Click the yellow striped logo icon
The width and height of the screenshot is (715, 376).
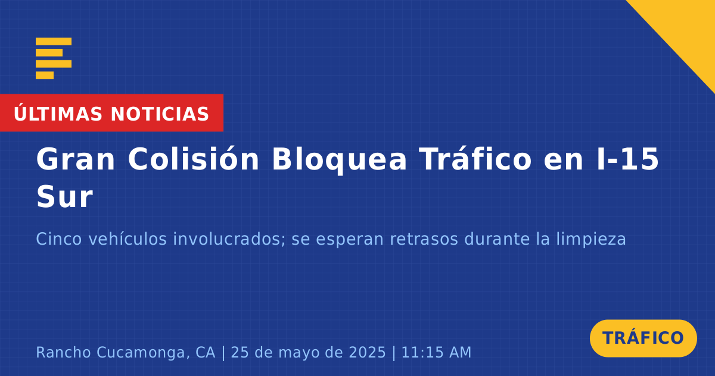pos(53,58)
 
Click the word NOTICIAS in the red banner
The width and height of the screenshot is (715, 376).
pos(160,114)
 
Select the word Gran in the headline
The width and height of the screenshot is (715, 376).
pos(75,159)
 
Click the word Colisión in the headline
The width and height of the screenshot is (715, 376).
pos(194,159)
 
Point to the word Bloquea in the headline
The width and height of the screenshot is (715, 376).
pos(339,160)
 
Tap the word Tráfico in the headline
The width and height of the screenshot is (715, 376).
pos(475,159)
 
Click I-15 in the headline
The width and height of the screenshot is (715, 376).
pos(627,159)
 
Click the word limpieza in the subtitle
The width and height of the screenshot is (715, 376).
pos(591,239)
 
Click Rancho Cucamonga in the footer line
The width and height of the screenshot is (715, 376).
pos(110,352)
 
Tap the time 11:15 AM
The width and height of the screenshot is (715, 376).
pos(436,352)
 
